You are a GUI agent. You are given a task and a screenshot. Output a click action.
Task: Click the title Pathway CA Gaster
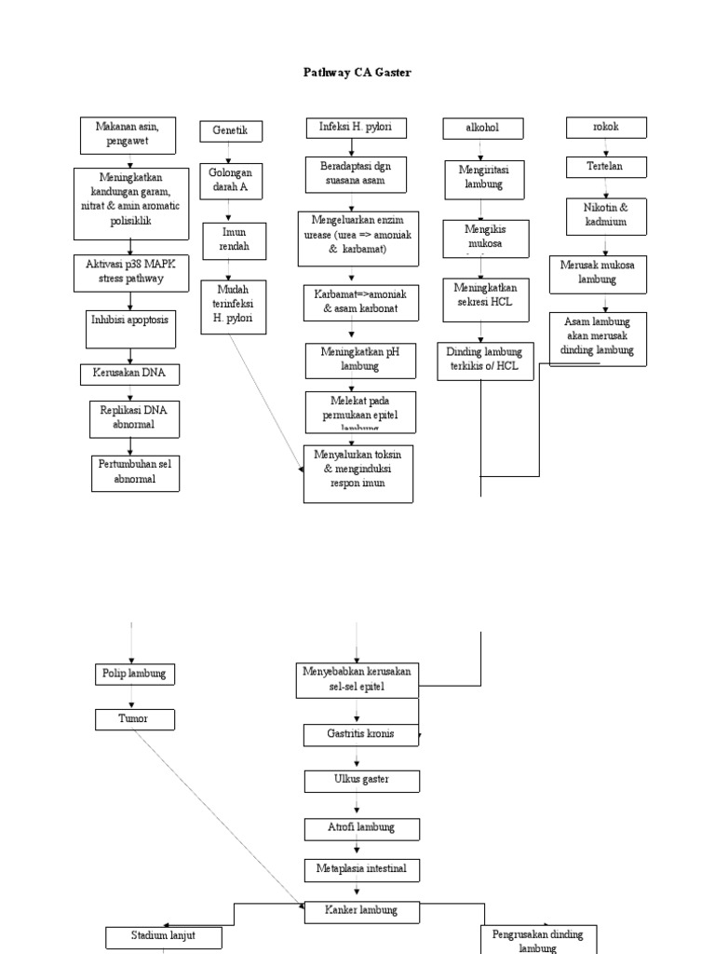[x=357, y=72]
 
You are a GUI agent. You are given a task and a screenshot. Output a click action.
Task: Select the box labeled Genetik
[x=230, y=131]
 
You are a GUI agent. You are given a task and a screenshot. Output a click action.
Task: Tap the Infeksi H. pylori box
[x=351, y=128]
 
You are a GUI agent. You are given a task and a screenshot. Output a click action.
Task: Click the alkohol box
[x=482, y=128]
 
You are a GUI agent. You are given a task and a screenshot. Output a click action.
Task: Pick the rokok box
[x=606, y=128]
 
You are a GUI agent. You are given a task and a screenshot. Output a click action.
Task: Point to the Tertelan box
[x=606, y=167]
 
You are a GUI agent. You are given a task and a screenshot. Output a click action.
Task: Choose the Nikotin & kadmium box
[x=606, y=215]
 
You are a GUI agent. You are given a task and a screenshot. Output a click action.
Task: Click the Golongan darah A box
[x=230, y=181]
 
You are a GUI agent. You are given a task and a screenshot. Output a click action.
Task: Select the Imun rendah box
[x=235, y=241]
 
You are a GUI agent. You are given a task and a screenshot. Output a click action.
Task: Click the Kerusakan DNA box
[x=129, y=374]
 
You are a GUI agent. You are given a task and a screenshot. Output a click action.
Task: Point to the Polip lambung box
[x=135, y=673]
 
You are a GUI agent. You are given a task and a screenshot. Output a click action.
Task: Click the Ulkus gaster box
[x=361, y=780]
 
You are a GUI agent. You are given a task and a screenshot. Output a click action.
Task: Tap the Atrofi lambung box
[x=361, y=827]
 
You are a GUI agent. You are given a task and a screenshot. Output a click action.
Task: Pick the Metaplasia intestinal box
[x=361, y=870]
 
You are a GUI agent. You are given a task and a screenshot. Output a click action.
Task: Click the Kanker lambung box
[x=361, y=910]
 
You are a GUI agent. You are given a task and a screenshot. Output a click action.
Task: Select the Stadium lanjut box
[x=164, y=935]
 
